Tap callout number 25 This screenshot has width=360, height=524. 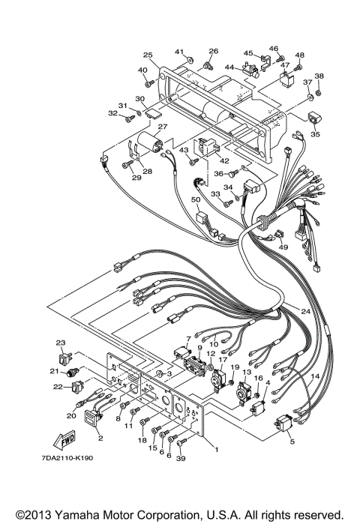(x=148, y=55)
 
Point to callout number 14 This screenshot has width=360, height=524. (x=315, y=376)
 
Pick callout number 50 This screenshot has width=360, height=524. (x=195, y=199)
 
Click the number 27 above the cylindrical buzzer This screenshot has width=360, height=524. (x=161, y=127)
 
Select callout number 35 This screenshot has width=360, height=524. (x=315, y=135)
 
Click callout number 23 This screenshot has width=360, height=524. (x=61, y=343)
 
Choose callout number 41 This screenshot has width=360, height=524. (x=179, y=51)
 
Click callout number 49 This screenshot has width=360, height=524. (x=283, y=247)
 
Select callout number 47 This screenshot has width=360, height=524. (x=285, y=66)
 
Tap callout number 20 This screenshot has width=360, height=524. (x=72, y=415)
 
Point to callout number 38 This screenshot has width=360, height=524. (x=319, y=76)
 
